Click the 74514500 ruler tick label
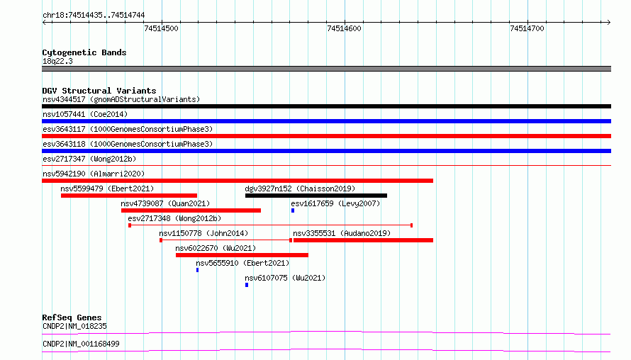[161, 28]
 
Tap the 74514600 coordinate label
[344, 28]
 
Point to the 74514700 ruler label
[527, 28]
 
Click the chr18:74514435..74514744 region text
[94, 16]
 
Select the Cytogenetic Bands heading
[84, 52]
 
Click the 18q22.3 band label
[57, 61]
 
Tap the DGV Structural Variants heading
[99, 91]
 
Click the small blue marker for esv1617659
[293, 210]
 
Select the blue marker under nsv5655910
[197, 270]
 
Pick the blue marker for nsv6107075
[247, 285]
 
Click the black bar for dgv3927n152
[316, 196]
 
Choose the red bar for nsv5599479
[129, 196]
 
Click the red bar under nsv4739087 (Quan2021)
[191, 210]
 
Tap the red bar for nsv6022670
[242, 255]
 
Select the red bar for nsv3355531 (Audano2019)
[364, 240]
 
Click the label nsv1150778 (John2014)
[203, 233]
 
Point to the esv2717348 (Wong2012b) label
[174, 218]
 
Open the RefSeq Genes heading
[72, 317]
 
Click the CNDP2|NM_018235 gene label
[74, 326]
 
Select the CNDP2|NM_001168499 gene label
[81, 344]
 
